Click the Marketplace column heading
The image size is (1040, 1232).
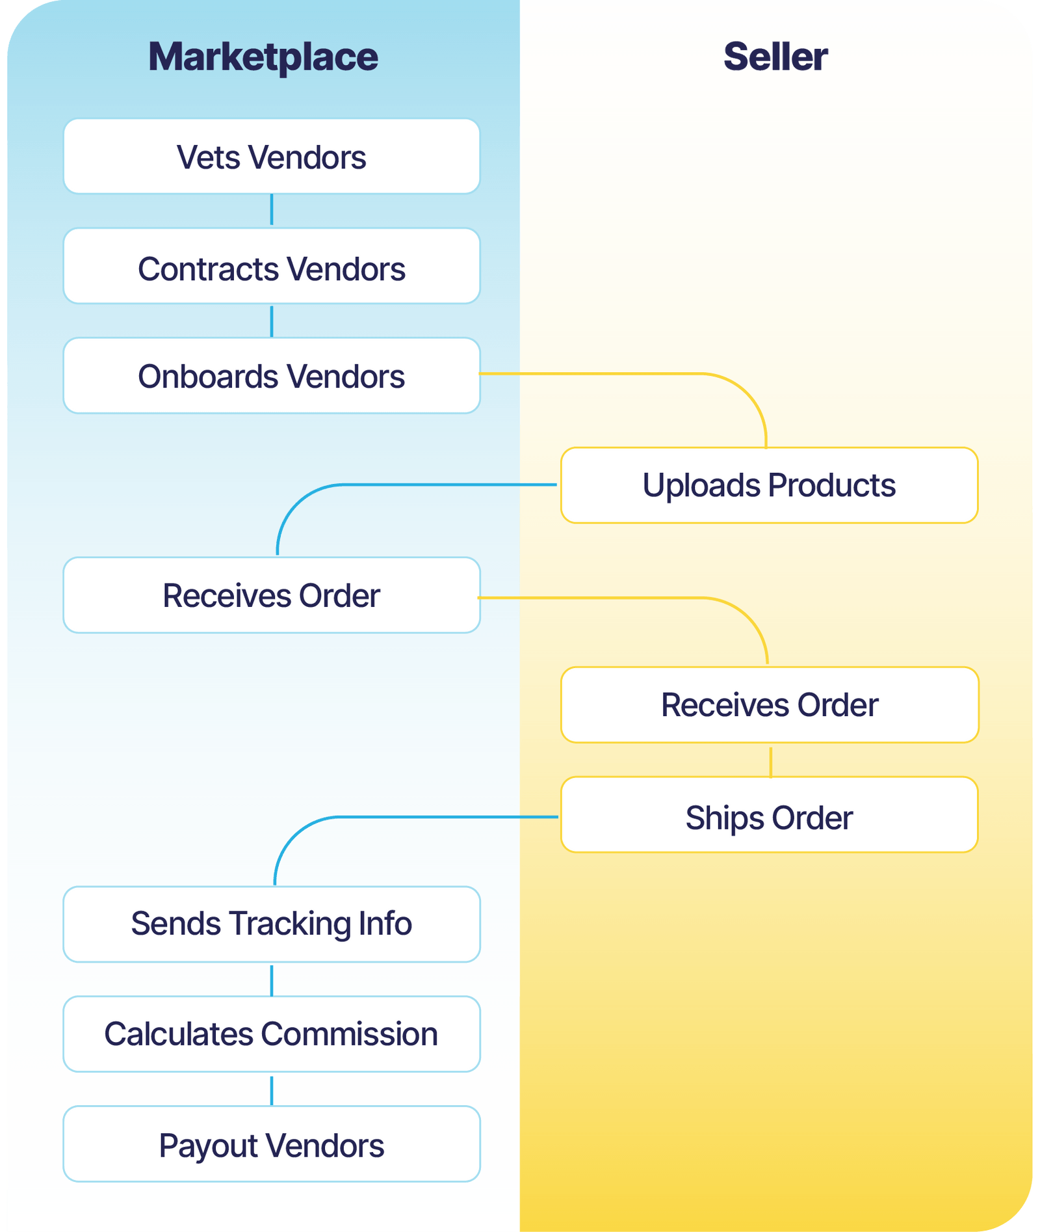click(x=263, y=57)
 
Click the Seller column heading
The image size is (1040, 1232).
click(x=775, y=57)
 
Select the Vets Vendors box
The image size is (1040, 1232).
click(x=272, y=157)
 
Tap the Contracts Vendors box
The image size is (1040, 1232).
click(x=272, y=267)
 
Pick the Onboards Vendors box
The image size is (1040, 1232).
click(x=272, y=376)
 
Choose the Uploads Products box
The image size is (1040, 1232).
click(x=769, y=485)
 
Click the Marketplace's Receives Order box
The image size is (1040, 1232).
click(x=272, y=595)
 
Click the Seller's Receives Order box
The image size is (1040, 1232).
click(x=769, y=705)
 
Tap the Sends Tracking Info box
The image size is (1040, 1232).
click(x=272, y=924)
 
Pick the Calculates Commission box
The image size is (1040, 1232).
click(x=272, y=1034)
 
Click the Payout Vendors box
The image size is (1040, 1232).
click(x=272, y=1144)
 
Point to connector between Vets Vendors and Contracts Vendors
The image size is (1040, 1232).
click(x=272, y=210)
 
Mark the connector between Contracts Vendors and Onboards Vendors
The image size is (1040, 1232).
click(x=272, y=321)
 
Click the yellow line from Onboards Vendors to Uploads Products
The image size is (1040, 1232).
click(x=617, y=373)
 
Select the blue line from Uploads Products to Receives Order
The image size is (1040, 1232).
click(x=422, y=485)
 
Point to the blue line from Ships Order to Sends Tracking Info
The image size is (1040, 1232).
click(x=422, y=817)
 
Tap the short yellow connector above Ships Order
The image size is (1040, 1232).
click(x=770, y=762)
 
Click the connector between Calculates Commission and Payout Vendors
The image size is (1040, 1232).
click(x=272, y=1091)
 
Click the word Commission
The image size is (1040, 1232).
click(x=350, y=1034)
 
